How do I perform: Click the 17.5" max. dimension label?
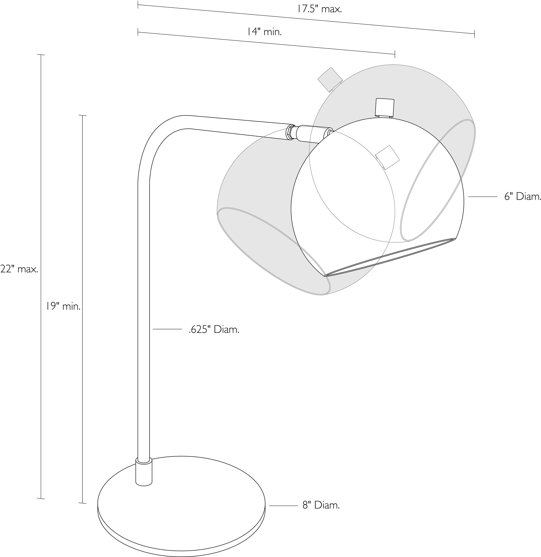tap(319, 9)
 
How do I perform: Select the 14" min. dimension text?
tap(264, 32)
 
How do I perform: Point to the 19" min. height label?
tap(64, 307)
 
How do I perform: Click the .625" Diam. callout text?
tap(214, 330)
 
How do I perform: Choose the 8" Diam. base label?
tap(321, 506)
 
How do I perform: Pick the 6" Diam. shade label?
tap(522, 197)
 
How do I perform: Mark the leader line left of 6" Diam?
tap(482, 197)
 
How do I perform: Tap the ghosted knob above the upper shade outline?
tap(330, 79)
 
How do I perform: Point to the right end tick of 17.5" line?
tap(474, 33)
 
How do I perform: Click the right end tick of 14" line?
tap(395, 54)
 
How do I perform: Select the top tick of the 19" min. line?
tap(82, 116)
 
